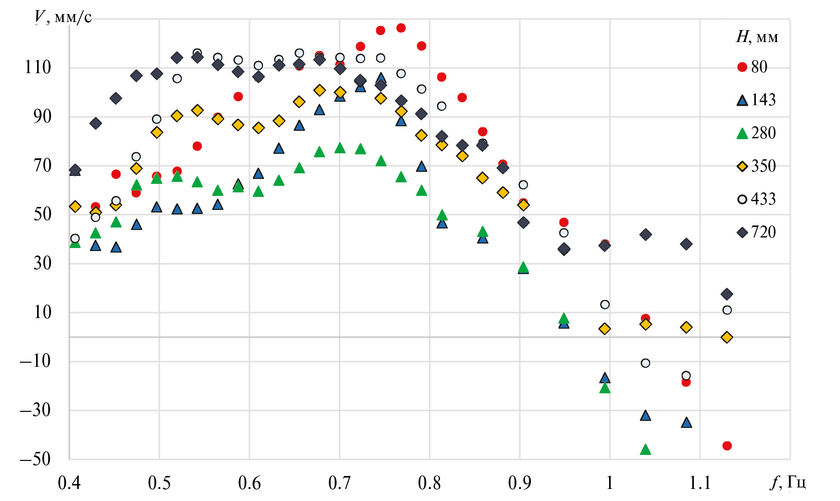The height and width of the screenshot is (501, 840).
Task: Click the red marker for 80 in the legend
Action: point(742,67)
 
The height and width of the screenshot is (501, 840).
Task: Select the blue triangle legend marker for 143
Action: point(742,100)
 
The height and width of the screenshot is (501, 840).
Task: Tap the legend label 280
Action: point(763,133)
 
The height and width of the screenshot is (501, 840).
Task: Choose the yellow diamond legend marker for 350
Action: point(742,166)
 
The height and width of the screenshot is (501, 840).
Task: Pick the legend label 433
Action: point(763,199)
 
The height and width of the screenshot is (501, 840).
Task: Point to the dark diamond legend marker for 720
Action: point(742,232)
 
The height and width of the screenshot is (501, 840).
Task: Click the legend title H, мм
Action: point(757,37)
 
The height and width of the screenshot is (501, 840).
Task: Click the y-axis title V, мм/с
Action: point(63,18)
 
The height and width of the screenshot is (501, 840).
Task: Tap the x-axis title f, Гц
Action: point(788,482)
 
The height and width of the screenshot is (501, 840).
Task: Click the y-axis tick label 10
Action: point(43,313)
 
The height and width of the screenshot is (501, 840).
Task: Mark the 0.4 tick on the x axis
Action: point(69,483)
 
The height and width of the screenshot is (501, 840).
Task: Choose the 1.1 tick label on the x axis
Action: point(700,483)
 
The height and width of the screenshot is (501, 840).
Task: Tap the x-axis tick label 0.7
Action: point(340,483)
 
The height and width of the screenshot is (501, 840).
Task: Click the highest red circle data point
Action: point(401,28)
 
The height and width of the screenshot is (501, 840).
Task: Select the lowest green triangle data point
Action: point(646,449)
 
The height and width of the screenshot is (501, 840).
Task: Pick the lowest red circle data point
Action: point(727,446)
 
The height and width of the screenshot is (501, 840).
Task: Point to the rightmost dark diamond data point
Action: point(727,294)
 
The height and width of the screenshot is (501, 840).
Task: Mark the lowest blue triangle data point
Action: point(686,423)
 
